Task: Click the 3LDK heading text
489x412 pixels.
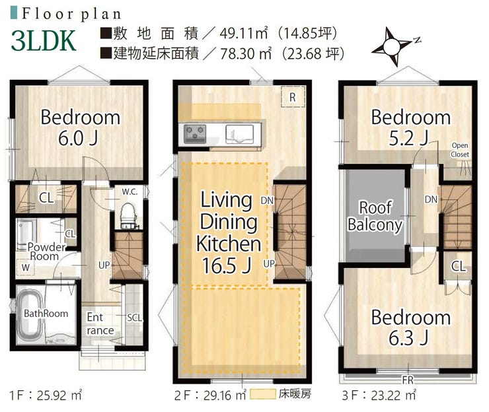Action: pyautogui.click(x=44, y=41)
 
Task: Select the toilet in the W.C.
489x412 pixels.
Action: pyautogui.click(x=128, y=216)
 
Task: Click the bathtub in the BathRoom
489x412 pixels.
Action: pyautogui.click(x=29, y=315)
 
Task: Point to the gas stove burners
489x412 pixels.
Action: pyautogui.click(x=194, y=133)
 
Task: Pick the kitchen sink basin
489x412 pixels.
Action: pyautogui.click(x=239, y=133)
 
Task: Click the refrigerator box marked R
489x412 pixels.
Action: pyautogui.click(x=293, y=97)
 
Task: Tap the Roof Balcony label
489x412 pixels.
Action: pyautogui.click(x=375, y=216)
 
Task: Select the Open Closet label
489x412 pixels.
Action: pyautogui.click(x=460, y=150)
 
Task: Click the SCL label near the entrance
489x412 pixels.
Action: pyautogui.click(x=134, y=318)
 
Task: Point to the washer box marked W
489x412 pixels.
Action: pyautogui.click(x=26, y=267)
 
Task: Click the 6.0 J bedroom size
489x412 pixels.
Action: pyautogui.click(x=78, y=138)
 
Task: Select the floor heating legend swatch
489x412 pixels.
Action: pyautogui.click(x=262, y=394)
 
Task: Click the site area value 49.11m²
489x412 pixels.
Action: pyautogui.click(x=244, y=33)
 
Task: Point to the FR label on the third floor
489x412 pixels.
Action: pyautogui.click(x=408, y=380)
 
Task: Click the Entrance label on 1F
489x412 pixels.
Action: pyautogui.click(x=100, y=324)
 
